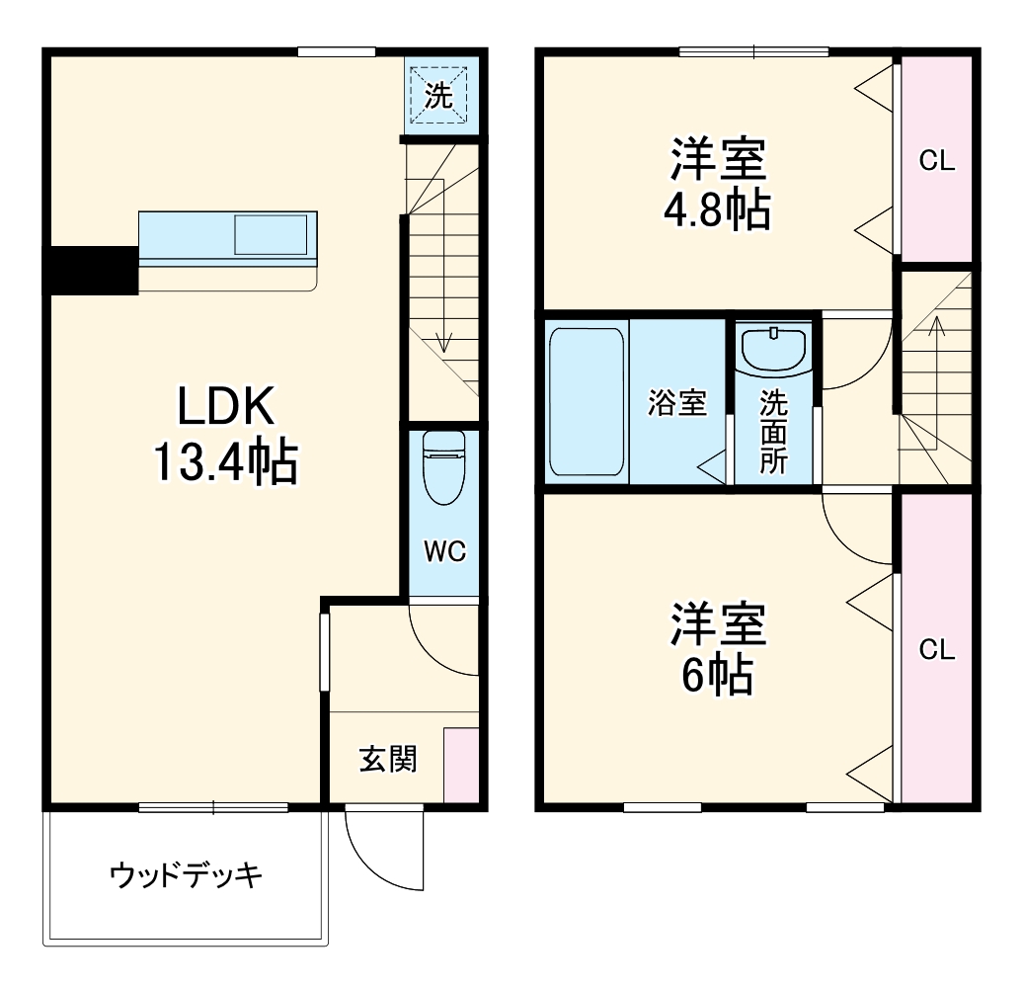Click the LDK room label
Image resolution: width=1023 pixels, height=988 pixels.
click(x=224, y=407)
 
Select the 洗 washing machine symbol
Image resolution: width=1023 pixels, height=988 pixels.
click(x=438, y=95)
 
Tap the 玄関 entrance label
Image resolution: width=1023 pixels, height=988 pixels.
click(x=387, y=759)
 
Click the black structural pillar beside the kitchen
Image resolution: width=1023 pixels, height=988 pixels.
click(x=91, y=270)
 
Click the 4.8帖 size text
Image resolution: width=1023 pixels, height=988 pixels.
click(x=718, y=209)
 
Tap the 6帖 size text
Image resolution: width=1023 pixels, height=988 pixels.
click(x=718, y=676)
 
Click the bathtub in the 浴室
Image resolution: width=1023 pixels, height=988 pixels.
click(x=586, y=400)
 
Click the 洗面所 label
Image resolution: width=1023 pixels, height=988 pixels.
click(x=773, y=432)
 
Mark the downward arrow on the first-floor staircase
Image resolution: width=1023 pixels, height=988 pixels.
click(x=444, y=341)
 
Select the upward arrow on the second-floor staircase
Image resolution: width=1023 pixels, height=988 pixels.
click(x=936, y=326)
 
